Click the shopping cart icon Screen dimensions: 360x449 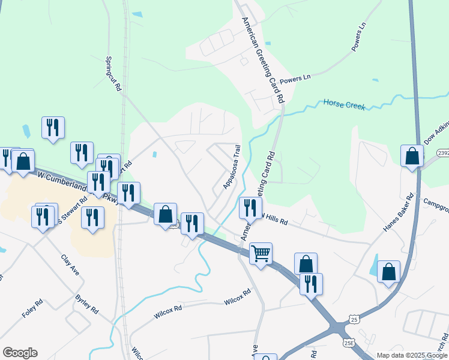pyautogui.click(x=261, y=253)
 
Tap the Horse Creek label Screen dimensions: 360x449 pyautogui.click(x=345, y=104)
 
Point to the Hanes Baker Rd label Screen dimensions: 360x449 pyautogui.click(x=399, y=212)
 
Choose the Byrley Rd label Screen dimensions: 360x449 pyautogui.click(x=86, y=304)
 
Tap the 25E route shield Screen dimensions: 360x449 pyautogui.click(x=350, y=342)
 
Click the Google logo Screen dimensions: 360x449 pyautogui.click(x=20, y=353)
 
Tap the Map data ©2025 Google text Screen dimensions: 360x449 pyautogui.click(x=412, y=355)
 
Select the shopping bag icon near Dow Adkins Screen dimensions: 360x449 pyautogui.click(x=412, y=156)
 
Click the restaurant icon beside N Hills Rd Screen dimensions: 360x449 pyautogui.click(x=250, y=207)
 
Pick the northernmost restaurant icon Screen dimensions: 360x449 pyautogui.click(x=53, y=127)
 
